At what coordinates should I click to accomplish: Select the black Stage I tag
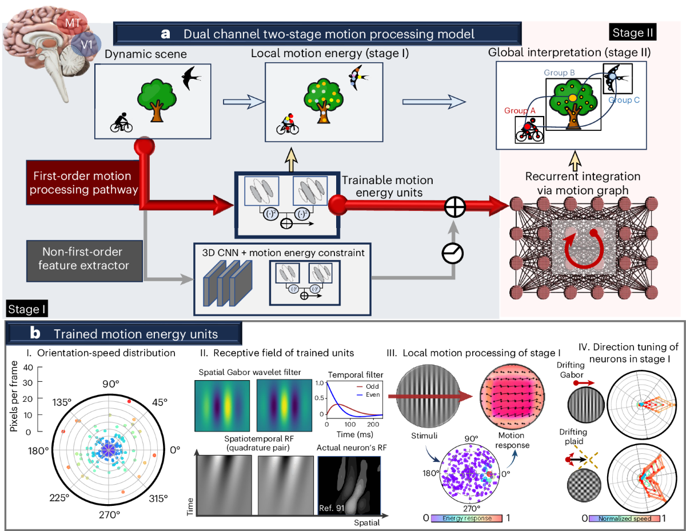[x=27, y=309]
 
